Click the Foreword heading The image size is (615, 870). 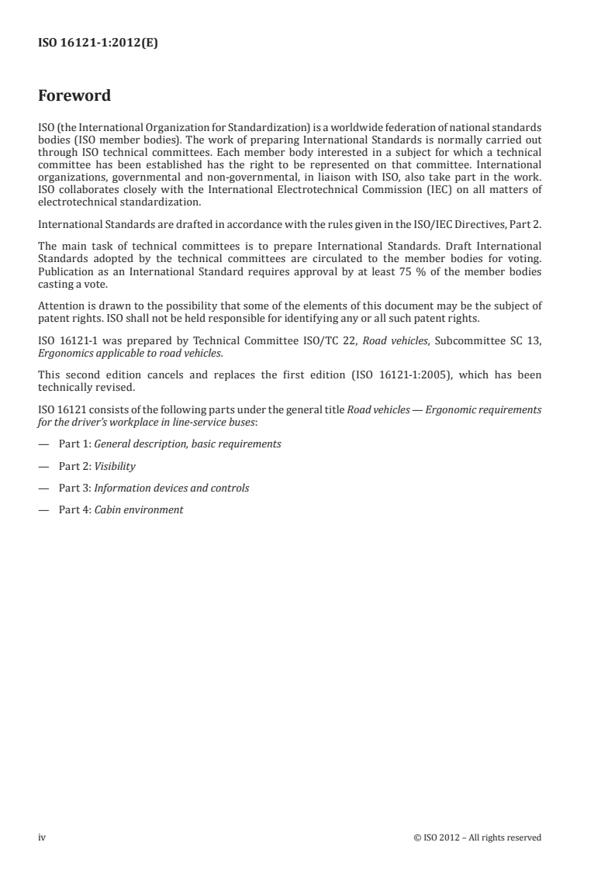click(x=74, y=96)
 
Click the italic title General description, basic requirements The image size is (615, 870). click(x=188, y=444)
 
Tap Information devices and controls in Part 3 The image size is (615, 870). click(x=171, y=488)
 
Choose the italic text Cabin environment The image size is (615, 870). click(x=139, y=509)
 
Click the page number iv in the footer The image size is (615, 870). click(x=43, y=837)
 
